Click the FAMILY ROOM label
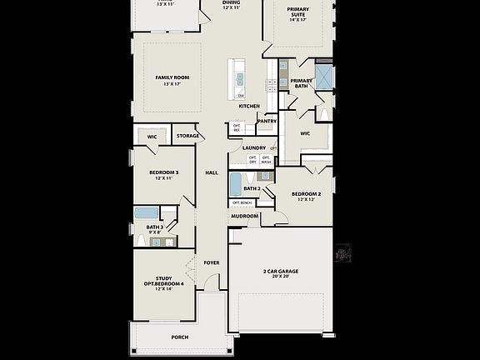[x=172, y=77]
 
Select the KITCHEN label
[x=249, y=106]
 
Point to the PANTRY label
[x=267, y=121]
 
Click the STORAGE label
[x=187, y=135]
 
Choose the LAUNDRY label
[x=253, y=147]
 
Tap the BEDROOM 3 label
[x=164, y=172]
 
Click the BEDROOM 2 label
[x=306, y=194]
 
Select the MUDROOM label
[x=244, y=216]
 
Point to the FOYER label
[x=212, y=262]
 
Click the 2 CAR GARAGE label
[x=281, y=272]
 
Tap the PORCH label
[x=179, y=337]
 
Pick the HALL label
[x=211, y=172]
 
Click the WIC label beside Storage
[x=152, y=136]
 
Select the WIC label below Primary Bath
[x=305, y=132]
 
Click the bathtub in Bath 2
[x=237, y=184]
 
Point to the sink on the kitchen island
[x=239, y=79]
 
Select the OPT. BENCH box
[x=242, y=202]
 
